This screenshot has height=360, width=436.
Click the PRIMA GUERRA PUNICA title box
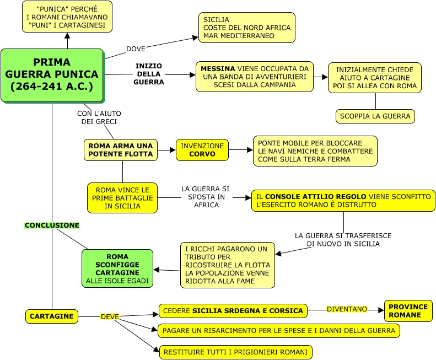coord(52,75)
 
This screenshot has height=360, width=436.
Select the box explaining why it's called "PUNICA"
coord(67,17)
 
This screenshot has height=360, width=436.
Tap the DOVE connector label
coord(136,49)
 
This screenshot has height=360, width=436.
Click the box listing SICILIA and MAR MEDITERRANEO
coord(246,28)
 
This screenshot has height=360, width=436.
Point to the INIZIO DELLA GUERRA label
coord(149,74)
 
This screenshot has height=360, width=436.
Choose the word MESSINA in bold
coord(218,69)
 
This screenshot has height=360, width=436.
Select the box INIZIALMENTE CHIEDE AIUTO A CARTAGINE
coord(374,78)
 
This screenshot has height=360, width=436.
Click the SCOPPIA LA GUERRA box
coord(375,116)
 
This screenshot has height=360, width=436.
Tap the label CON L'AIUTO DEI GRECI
coord(99,117)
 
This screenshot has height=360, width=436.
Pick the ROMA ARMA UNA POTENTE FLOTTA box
coord(121,150)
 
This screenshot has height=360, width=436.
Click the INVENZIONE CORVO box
coord(202,150)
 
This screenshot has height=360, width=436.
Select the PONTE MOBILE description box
coord(315,151)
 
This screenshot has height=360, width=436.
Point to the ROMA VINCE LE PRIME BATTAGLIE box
coord(122,198)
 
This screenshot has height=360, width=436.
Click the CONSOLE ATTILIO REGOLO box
coord(343,200)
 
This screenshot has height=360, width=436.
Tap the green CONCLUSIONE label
coord(52,225)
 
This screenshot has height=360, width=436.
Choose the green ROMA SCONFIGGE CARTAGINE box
coord(117,268)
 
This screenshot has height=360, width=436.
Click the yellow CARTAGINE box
coord(52,316)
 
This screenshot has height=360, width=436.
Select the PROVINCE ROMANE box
coord(408,311)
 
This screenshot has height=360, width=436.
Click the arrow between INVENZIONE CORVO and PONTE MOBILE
coord(240,149)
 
